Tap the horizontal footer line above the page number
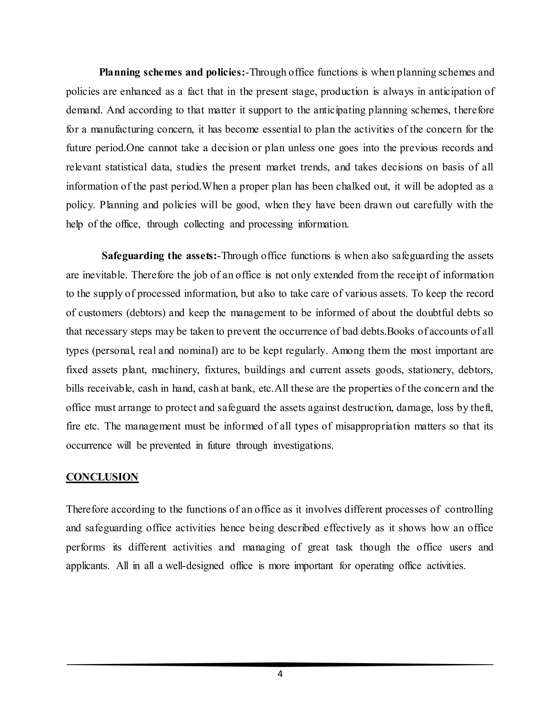(280, 665)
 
